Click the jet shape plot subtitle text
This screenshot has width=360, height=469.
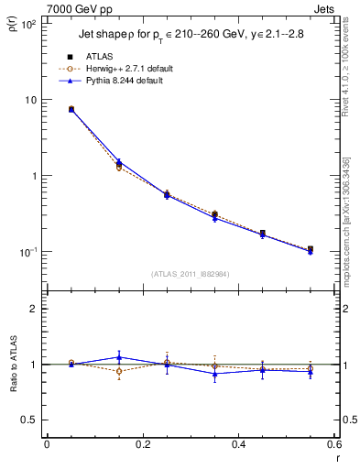click(x=189, y=35)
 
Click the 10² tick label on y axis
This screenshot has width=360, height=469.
click(x=29, y=25)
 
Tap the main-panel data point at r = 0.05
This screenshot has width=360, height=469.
click(x=71, y=109)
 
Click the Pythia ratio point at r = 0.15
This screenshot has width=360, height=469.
click(x=119, y=357)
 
